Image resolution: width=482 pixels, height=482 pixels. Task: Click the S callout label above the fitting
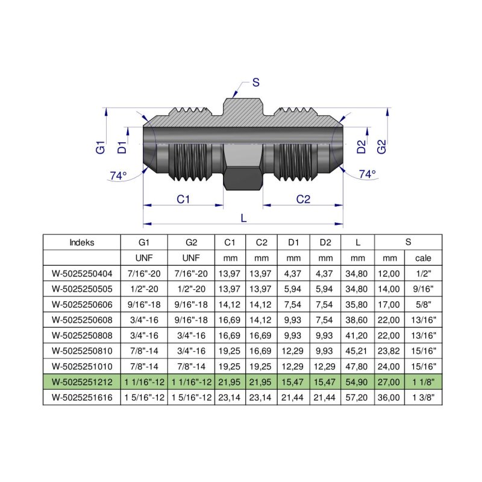tap(256, 83)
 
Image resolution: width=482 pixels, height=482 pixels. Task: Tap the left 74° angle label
tap(118, 175)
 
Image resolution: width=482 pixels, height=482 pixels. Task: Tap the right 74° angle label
tap(367, 174)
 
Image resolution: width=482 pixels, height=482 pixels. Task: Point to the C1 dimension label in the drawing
tap(184, 199)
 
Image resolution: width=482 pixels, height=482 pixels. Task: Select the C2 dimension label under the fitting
tap(303, 199)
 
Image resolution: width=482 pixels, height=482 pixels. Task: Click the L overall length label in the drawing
tap(243, 219)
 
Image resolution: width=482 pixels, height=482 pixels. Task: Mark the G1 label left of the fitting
tap(101, 146)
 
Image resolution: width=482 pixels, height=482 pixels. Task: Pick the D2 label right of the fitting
tap(361, 146)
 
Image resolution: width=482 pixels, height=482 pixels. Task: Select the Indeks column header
tap(82, 243)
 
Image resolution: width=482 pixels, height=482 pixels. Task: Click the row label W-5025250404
tap(82, 273)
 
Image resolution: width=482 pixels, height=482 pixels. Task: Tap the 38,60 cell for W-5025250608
tap(358, 320)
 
